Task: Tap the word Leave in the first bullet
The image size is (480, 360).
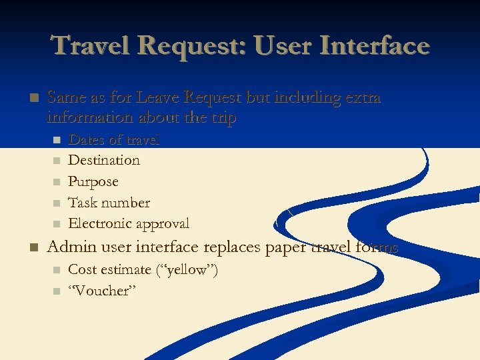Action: click(157, 97)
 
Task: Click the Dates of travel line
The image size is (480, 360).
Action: click(114, 139)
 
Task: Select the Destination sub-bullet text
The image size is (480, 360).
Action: click(104, 160)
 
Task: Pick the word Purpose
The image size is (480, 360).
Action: click(93, 181)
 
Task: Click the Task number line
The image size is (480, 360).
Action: click(109, 203)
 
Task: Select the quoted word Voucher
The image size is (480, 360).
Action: click(103, 291)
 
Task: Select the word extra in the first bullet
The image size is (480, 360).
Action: click(361, 97)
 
